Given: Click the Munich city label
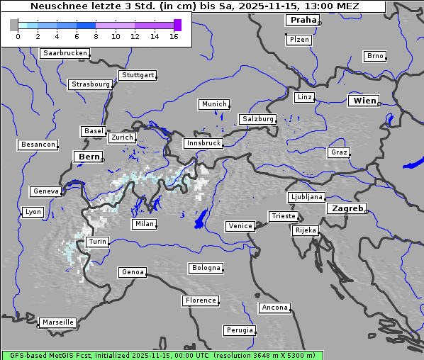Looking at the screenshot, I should click(214, 104).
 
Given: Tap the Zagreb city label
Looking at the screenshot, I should click(347, 208).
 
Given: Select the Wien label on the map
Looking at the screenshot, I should click(364, 101).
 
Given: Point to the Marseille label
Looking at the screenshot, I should click(57, 322).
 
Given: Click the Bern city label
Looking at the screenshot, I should click(89, 157).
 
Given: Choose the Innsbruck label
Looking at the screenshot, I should click(203, 143).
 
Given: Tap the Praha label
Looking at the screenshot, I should click(303, 20).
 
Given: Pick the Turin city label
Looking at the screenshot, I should click(97, 242).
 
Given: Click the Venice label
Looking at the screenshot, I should click(240, 226).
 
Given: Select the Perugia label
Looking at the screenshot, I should click(239, 330).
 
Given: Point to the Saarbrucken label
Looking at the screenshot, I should click(65, 53).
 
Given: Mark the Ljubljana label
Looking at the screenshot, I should click(306, 197).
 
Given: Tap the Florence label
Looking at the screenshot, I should click(201, 300).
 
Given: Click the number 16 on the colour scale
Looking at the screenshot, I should click(174, 36).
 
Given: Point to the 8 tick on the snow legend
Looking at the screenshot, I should click(96, 36).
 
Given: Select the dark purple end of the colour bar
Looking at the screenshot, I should click(177, 26).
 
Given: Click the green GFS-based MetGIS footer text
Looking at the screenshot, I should click(162, 355).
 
